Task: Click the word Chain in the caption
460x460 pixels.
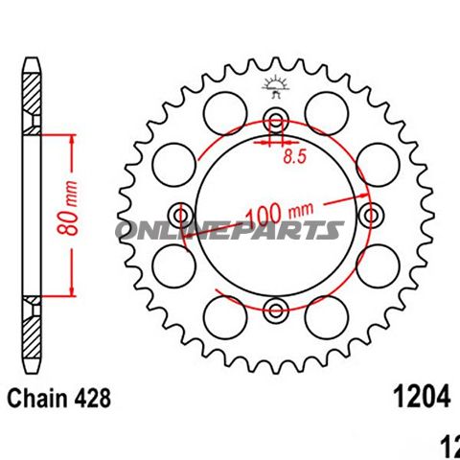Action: [x=34, y=397]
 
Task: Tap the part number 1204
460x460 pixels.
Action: [x=418, y=397]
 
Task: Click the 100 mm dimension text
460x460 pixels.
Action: [x=282, y=211]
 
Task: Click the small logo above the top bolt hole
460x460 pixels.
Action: [x=276, y=88]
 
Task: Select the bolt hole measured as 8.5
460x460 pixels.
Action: [x=277, y=120]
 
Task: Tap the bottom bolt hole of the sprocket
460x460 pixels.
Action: [x=277, y=309]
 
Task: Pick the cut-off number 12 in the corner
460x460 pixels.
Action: [x=449, y=445]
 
